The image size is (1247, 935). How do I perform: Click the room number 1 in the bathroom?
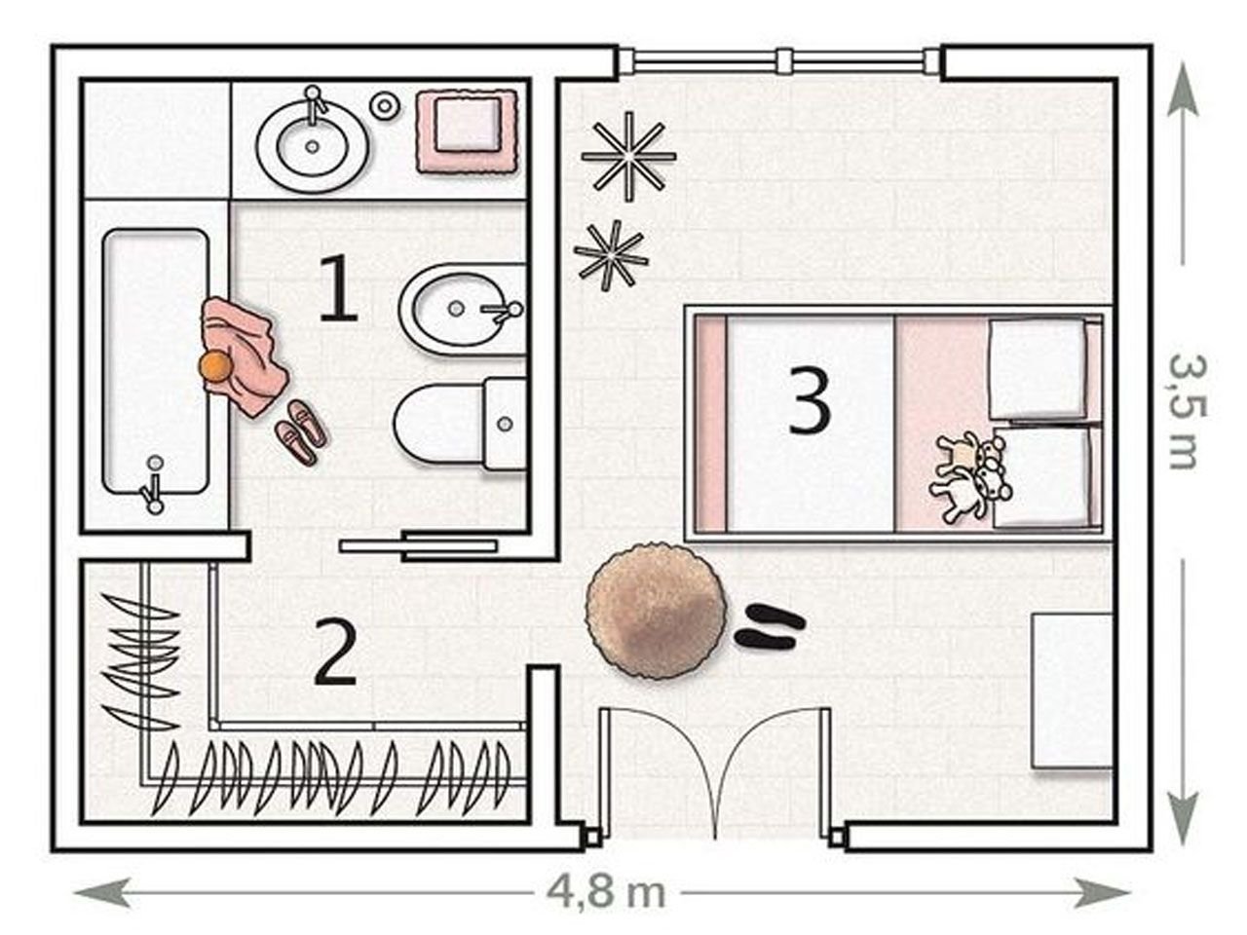pyautogui.click(x=339, y=288)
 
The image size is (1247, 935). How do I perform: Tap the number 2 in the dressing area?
pyautogui.click(x=335, y=653)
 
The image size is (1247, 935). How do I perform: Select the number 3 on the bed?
pyautogui.click(x=810, y=400)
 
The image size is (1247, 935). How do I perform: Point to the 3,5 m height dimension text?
pyautogui.click(x=1185, y=412)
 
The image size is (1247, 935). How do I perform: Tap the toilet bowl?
pyautogui.click(x=460, y=423)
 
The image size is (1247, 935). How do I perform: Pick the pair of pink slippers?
pyautogui.click(x=300, y=432)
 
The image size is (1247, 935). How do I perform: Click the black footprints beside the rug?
pyautogui.click(x=770, y=626)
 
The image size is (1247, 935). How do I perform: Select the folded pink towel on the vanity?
pyautogui.click(x=468, y=131)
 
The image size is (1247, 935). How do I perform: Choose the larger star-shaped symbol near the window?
pyautogui.click(x=629, y=156)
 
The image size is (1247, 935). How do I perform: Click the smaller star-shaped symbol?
pyautogui.click(x=611, y=256)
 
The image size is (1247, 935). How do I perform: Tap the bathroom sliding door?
pyautogui.click(x=418, y=545)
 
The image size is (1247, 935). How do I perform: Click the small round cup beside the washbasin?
pyautogui.click(x=385, y=105)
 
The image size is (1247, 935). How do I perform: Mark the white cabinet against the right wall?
pyautogui.click(x=1072, y=691)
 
